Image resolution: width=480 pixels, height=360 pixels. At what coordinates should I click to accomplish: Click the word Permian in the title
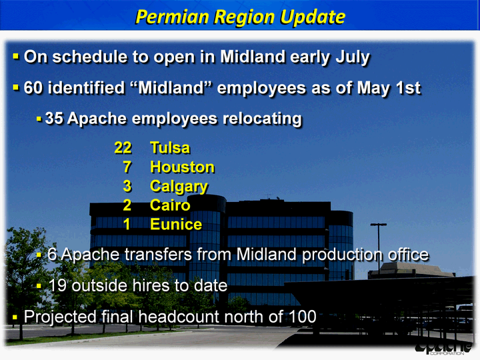(172, 17)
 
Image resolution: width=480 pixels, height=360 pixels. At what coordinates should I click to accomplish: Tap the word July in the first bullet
(353, 57)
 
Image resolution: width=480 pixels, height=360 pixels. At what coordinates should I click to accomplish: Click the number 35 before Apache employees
(54, 118)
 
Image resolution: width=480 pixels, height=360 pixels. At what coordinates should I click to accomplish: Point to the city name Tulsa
(170, 147)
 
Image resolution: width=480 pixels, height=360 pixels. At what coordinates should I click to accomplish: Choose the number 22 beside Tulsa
(123, 147)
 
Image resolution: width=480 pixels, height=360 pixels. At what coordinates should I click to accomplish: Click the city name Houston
(182, 167)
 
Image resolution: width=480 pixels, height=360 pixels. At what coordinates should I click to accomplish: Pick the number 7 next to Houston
(127, 167)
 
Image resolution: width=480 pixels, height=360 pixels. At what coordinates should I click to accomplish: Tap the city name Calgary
(179, 187)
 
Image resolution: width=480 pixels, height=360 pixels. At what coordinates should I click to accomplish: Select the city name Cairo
(170, 205)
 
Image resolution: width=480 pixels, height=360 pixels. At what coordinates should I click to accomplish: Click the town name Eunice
(176, 225)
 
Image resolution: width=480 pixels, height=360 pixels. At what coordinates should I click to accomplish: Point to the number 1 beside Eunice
(127, 225)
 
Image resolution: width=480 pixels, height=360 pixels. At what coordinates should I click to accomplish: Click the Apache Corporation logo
(444, 348)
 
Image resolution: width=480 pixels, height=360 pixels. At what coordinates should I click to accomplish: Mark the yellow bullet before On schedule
(15, 56)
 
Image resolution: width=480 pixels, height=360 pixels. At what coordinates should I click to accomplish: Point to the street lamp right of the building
(379, 248)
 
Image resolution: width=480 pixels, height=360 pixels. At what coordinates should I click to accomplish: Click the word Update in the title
(313, 17)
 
